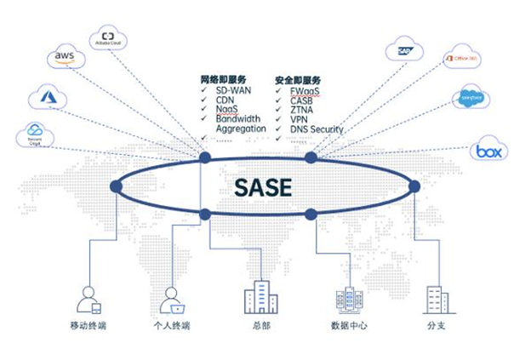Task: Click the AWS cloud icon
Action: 66,58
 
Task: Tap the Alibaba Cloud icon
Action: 108,37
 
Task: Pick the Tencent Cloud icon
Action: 35,134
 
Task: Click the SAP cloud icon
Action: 404,51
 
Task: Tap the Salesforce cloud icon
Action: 471,98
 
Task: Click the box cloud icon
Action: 488,150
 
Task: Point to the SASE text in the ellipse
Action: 263,186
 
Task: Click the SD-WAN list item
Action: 235,89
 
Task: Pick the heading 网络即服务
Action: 223,79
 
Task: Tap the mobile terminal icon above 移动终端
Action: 89,300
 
